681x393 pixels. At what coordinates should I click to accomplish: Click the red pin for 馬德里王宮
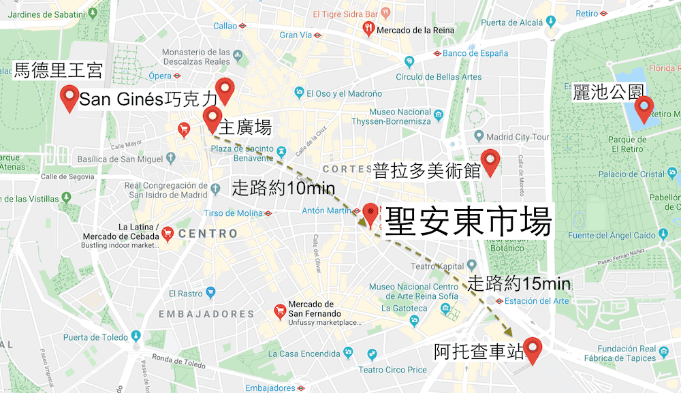point(69,98)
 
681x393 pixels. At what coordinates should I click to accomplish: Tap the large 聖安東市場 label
point(467,221)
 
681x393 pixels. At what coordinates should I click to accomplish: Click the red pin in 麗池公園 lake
point(644,108)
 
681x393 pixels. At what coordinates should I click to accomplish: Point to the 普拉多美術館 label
point(427,170)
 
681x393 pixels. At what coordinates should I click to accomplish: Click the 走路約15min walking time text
point(519,283)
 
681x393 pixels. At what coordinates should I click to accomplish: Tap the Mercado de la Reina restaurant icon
point(368,29)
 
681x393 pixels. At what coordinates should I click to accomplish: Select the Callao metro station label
point(225,26)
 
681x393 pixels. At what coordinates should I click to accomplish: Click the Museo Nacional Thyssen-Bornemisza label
point(400,116)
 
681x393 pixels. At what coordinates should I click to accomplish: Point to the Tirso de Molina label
point(233,213)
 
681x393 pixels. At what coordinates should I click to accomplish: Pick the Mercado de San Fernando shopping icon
point(279,311)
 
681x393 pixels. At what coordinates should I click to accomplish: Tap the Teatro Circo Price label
point(392,370)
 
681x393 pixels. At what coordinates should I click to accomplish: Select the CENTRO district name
point(208,234)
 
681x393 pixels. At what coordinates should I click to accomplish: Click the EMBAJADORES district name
point(206,314)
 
